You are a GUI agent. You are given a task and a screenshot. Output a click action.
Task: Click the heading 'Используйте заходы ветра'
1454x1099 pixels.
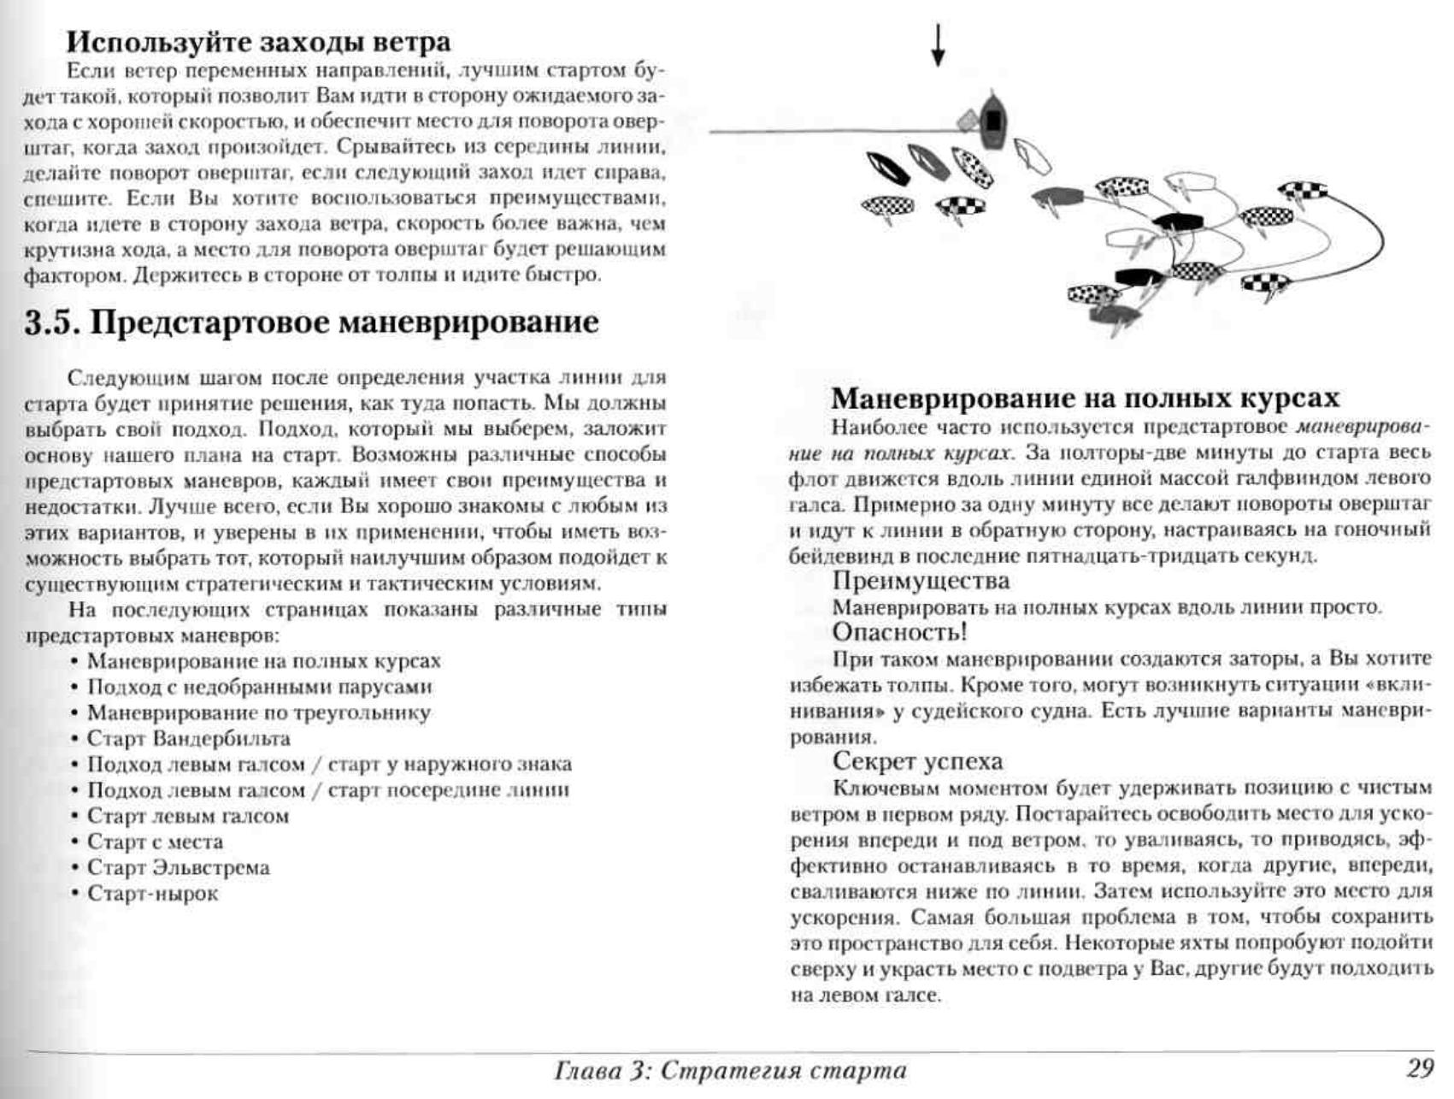point(258,41)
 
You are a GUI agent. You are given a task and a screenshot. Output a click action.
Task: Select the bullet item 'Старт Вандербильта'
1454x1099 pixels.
point(188,738)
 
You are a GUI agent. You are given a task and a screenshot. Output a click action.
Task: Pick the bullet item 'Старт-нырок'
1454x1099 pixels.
point(152,894)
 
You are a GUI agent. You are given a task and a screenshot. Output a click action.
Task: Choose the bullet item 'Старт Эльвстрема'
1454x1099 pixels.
point(178,868)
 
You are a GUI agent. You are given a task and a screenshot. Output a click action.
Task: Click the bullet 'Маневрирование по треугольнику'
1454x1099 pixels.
point(258,712)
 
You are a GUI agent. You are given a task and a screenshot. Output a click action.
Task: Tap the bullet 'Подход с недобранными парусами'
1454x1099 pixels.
point(259,687)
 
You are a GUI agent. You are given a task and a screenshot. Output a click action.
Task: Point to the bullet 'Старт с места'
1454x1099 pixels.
point(155,842)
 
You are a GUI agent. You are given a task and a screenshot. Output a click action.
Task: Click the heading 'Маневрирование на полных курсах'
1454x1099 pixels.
point(1085,399)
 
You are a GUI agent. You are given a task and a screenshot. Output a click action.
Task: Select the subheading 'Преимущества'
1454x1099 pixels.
point(921,581)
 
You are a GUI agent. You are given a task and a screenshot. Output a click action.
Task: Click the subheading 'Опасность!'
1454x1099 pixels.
point(899,632)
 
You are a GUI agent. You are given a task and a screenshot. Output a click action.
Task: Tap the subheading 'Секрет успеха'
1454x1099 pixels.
point(917,761)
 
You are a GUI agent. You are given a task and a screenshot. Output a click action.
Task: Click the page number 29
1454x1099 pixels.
point(1420,1068)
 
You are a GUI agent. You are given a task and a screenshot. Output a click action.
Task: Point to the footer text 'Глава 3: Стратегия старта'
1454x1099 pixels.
point(730,1070)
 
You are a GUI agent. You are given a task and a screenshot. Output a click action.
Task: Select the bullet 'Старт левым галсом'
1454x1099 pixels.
point(187,816)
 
